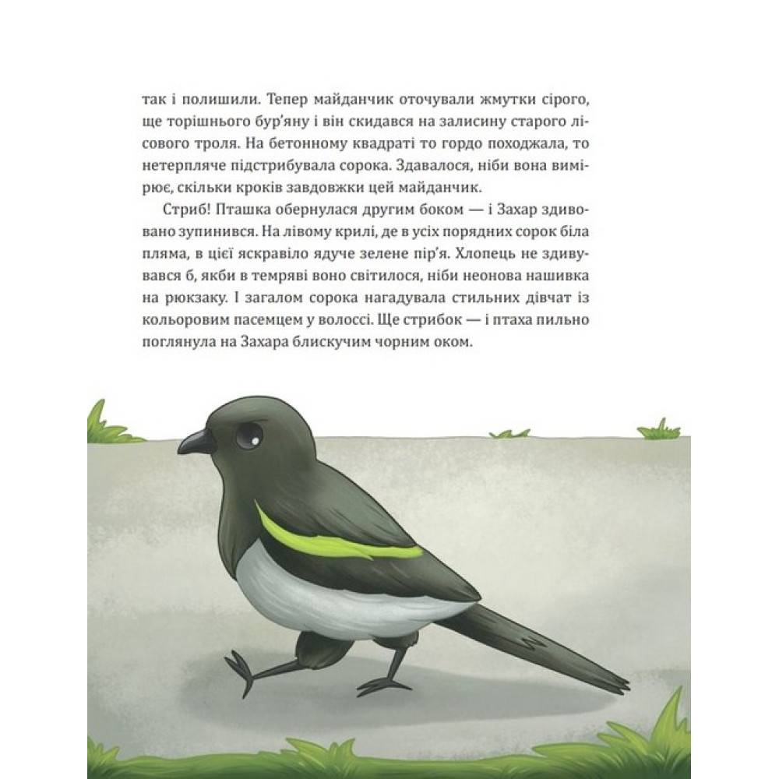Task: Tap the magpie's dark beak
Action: tap(196, 443)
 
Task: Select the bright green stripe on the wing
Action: tap(335, 542)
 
